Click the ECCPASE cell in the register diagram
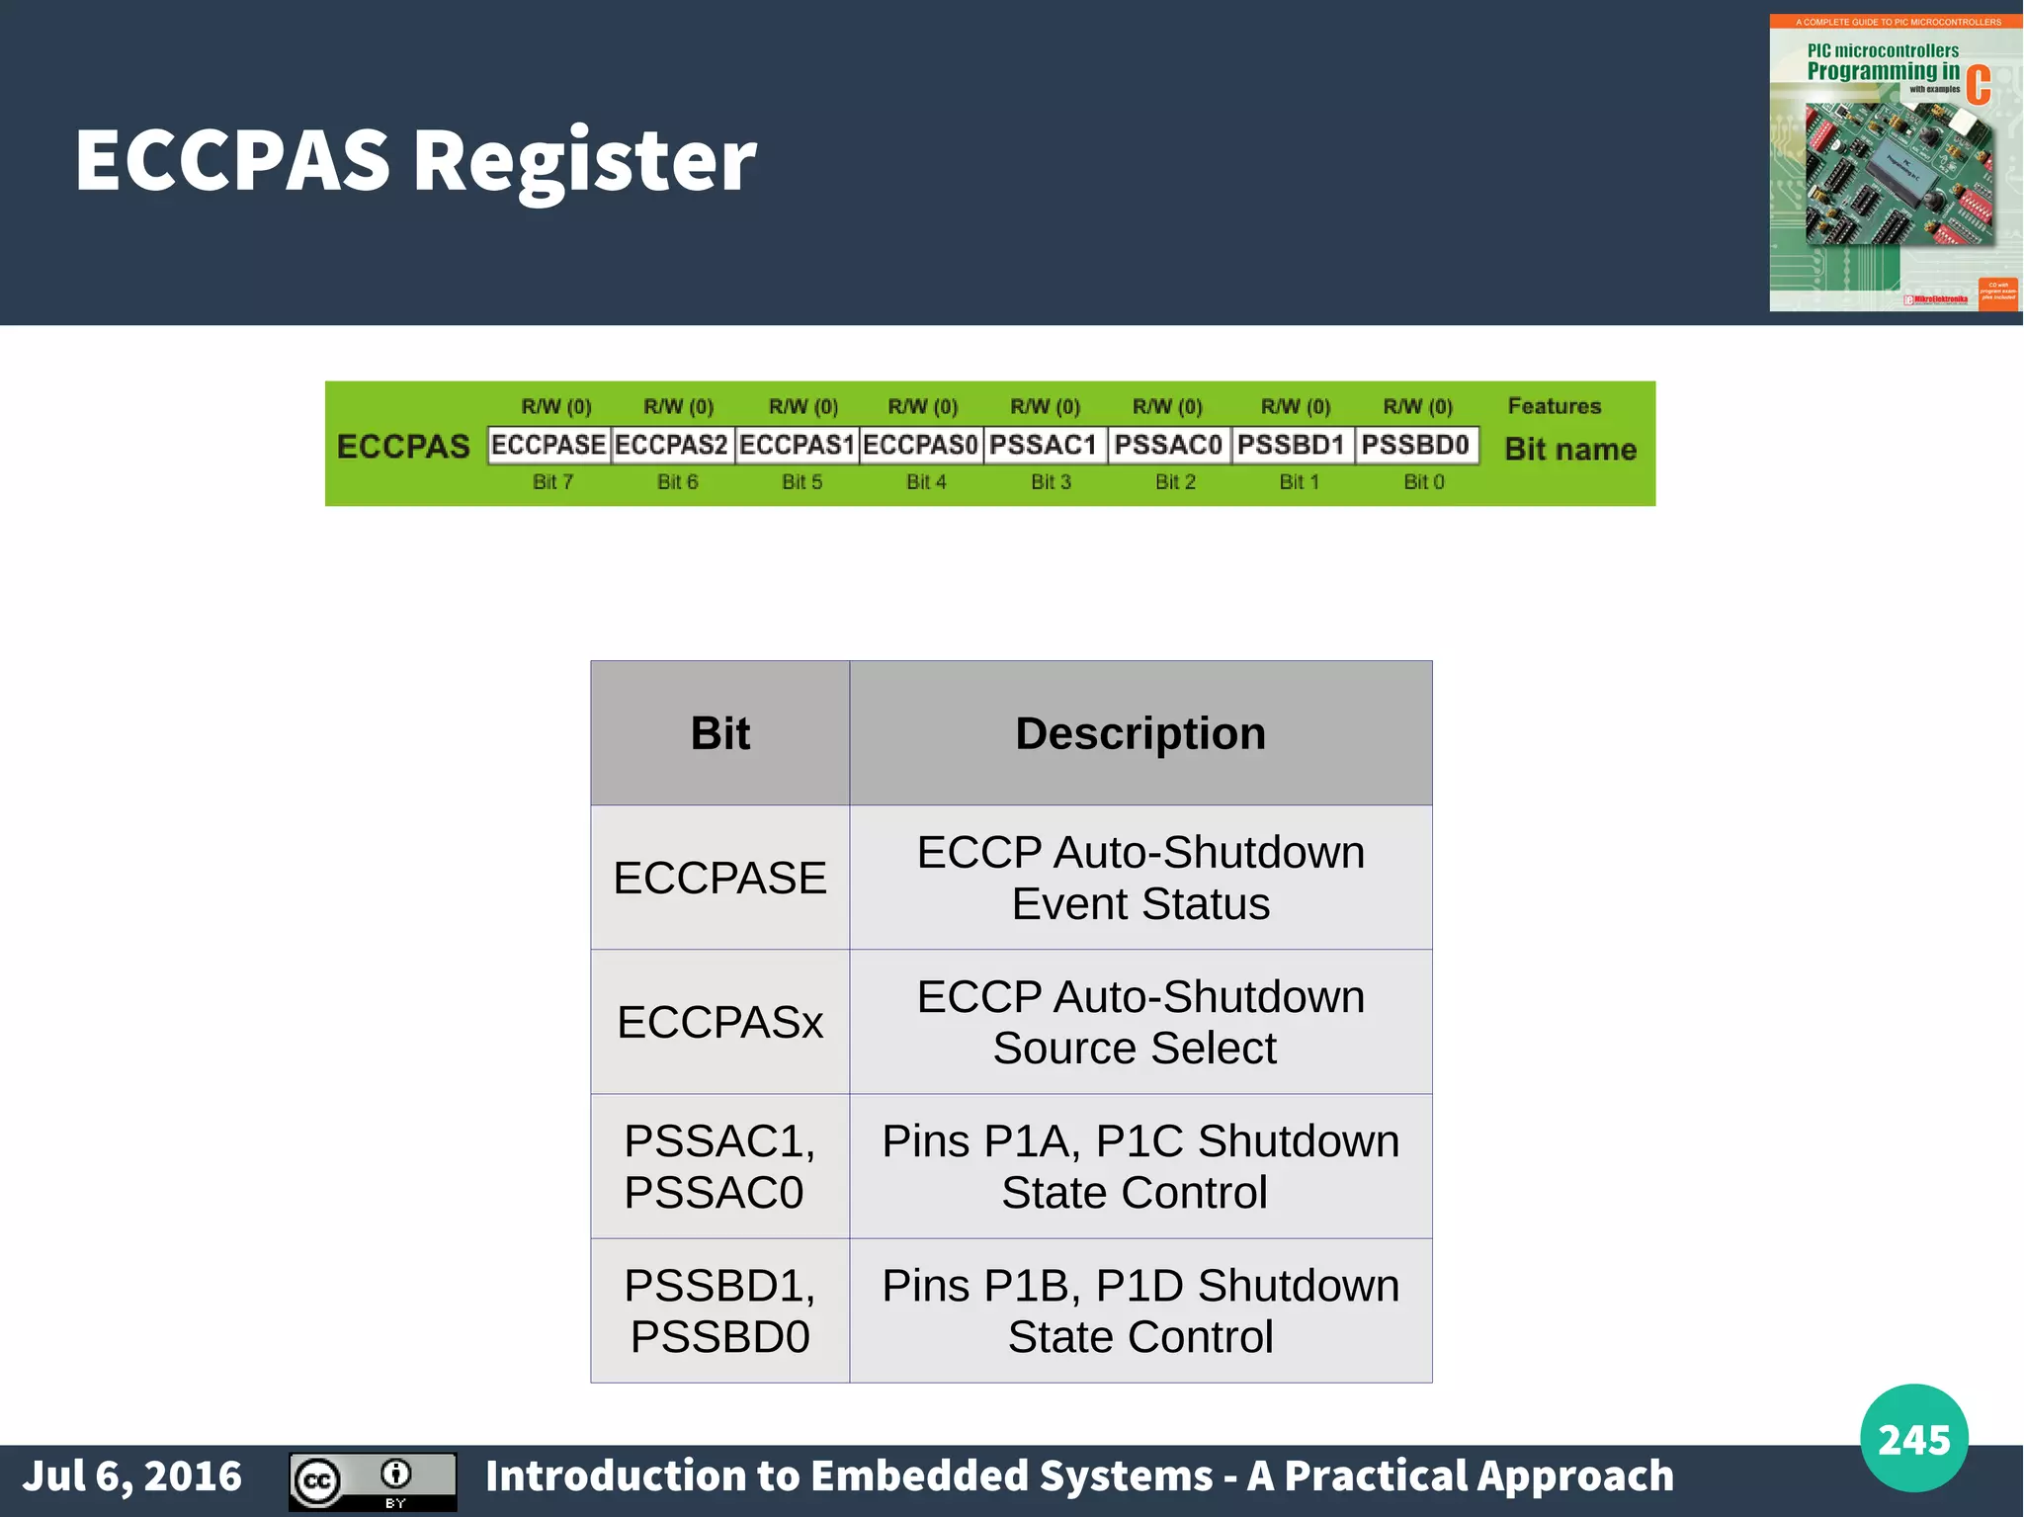[x=548, y=445]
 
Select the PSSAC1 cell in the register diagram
[x=1044, y=445]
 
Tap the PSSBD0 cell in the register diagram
[x=1415, y=445]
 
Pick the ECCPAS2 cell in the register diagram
[x=672, y=445]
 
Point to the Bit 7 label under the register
[x=552, y=482]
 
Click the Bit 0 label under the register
[x=1424, y=482]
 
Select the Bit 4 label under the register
[x=926, y=482]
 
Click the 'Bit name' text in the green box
[x=1570, y=450]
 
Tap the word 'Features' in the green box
[x=1554, y=406]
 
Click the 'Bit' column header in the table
[x=719, y=733]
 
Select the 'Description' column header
[x=1140, y=733]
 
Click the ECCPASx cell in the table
[x=719, y=1022]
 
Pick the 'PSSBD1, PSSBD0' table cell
[x=719, y=1310]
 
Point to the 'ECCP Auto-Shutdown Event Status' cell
[x=1140, y=878]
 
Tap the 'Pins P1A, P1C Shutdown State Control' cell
[x=1140, y=1166]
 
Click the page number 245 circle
[x=1913, y=1439]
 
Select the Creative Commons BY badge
[x=373, y=1481]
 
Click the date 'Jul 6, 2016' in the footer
[x=132, y=1476]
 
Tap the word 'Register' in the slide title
[x=584, y=160]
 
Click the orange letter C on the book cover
[x=1978, y=85]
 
